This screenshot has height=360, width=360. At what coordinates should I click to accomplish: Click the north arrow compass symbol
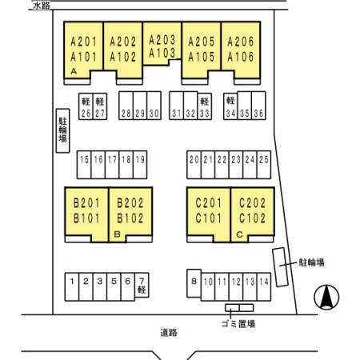[x=326, y=297]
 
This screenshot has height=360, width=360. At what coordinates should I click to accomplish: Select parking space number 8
[x=194, y=283]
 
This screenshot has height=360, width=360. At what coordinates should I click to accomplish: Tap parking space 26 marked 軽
[x=86, y=106]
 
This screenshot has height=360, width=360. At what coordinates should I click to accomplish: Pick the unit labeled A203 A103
[x=162, y=44]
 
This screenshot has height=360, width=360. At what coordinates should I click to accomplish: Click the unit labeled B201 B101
[x=86, y=214]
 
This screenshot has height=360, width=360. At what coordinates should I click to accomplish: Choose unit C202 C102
[x=252, y=214]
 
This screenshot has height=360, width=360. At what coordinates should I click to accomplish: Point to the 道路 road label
[x=169, y=333]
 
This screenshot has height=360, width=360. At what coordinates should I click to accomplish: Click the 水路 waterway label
[x=42, y=6]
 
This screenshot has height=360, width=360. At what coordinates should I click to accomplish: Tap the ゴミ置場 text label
[x=238, y=324]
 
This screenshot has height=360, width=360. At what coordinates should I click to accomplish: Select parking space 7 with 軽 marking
[x=142, y=285]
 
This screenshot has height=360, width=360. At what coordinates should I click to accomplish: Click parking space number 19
[x=140, y=165]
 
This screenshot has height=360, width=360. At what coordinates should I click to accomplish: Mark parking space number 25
[x=264, y=165]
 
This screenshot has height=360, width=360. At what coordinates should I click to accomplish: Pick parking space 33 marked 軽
[x=205, y=106]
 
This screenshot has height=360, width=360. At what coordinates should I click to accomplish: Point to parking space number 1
[x=72, y=286]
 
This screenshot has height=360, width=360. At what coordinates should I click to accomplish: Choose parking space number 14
[x=264, y=286]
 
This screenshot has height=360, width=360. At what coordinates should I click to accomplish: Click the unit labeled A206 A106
[x=241, y=50]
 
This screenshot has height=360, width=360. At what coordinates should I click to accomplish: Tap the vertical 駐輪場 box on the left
[x=62, y=130]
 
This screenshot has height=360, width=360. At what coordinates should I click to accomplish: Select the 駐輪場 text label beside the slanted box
[x=311, y=262]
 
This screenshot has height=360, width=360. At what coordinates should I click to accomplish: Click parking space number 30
[x=154, y=106]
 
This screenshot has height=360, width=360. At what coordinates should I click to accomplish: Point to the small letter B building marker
[x=117, y=234]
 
